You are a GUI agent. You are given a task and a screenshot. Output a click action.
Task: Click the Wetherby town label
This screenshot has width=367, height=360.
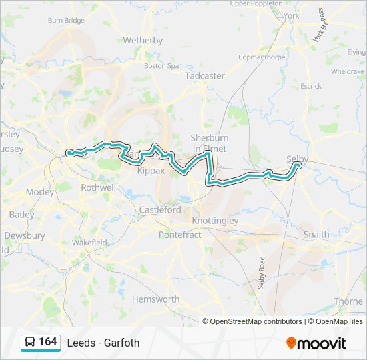coord(143,40)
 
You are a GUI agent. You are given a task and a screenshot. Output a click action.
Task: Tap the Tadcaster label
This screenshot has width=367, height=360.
coord(205,76)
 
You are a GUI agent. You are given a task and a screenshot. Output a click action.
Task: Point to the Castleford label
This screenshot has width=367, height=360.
coord(160,209)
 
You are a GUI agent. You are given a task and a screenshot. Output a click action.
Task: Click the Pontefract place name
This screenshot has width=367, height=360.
coord(179,235)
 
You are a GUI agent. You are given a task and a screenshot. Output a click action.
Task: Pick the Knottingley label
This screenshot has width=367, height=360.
coord(214,220)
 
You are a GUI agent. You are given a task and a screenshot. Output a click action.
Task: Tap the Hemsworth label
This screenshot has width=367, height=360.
coord(155,299)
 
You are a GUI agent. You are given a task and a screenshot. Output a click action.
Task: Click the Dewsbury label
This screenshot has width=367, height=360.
coord(25,235)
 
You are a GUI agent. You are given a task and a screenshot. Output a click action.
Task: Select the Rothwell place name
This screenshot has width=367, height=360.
coord(98,188)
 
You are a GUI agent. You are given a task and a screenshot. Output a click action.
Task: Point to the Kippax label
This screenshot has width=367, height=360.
coord(150,171)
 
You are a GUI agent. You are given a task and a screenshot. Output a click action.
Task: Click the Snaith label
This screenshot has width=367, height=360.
coord(316,235)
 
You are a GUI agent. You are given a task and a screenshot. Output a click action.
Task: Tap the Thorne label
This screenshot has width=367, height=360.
coord(348,301)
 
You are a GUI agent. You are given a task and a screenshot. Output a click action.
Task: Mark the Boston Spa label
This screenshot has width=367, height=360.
coord(161,66)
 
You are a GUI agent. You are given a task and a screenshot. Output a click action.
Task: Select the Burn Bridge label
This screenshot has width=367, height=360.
coord(66,21)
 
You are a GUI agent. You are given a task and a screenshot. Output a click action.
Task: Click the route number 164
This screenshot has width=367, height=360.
coord(47,341)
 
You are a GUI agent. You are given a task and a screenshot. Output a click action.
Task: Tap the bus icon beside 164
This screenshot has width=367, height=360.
coord(30,342)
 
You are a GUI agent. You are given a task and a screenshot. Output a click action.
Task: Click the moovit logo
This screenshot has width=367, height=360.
coord(316,343)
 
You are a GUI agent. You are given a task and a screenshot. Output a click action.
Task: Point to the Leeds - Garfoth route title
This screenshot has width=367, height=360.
coord(103,343)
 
